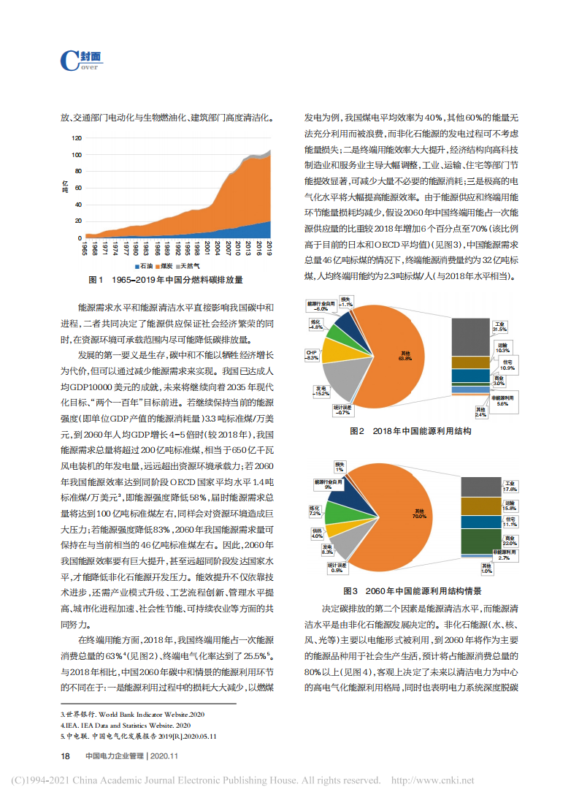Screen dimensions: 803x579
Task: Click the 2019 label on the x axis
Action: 269,248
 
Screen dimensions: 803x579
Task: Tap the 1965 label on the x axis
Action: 85,248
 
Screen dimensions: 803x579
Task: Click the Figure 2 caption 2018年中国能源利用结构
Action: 410,432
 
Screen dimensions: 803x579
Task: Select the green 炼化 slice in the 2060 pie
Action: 338,511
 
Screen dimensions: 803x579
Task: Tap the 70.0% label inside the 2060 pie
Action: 418,514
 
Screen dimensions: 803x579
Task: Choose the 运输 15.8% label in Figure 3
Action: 510,505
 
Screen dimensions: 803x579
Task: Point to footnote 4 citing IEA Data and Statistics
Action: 127,726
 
